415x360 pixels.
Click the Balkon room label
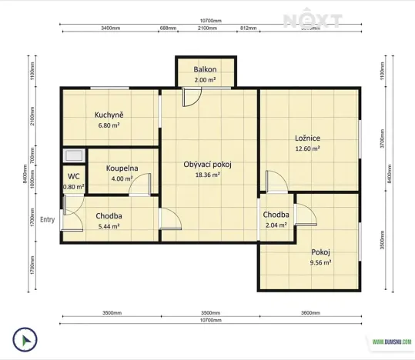(x=204, y=69)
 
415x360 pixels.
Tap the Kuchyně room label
(x=109, y=115)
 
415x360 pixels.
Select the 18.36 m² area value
(x=207, y=175)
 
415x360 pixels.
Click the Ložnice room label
(x=307, y=138)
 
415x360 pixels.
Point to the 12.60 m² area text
(x=307, y=148)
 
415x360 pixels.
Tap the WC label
(x=73, y=176)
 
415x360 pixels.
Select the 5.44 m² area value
(x=109, y=226)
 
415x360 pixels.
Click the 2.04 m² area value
(x=276, y=225)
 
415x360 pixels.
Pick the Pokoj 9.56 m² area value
(x=320, y=262)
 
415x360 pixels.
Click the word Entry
(x=48, y=219)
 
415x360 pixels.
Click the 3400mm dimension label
(x=110, y=28)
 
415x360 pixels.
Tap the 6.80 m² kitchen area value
(x=109, y=125)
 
